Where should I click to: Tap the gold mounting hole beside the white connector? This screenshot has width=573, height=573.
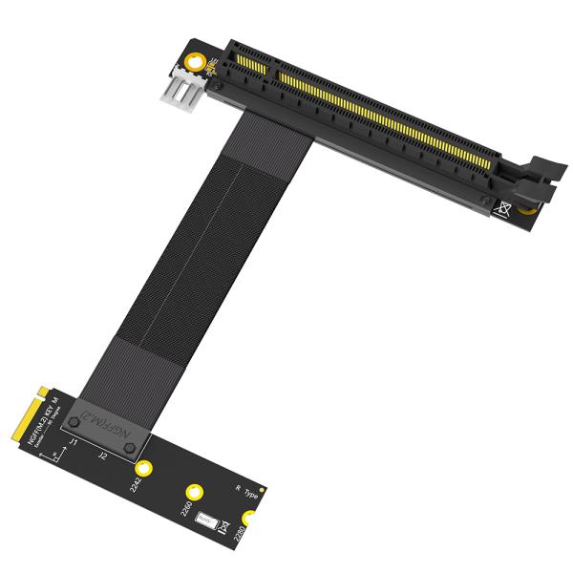(x=196, y=65)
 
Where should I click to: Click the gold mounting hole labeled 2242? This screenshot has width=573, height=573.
(x=143, y=468)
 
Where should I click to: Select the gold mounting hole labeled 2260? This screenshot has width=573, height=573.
(x=196, y=488)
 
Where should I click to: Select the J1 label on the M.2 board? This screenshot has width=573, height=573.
(x=74, y=442)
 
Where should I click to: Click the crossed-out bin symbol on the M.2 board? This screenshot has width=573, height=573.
(x=224, y=525)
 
